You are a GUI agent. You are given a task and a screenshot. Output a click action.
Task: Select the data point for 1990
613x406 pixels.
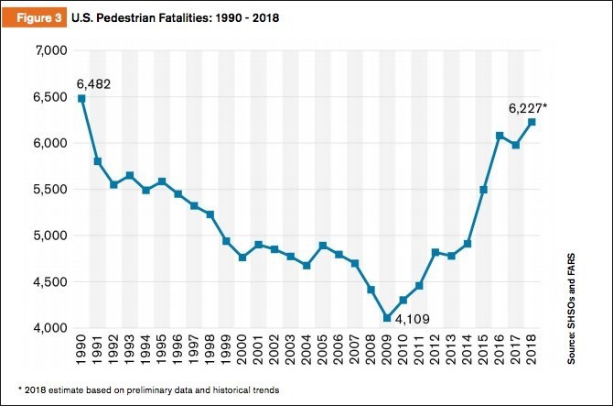82,98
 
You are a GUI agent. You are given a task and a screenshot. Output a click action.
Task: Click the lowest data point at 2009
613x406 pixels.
387,318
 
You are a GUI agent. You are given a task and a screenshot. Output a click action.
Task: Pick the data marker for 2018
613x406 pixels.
532,122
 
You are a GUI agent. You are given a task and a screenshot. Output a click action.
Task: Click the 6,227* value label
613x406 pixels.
531,107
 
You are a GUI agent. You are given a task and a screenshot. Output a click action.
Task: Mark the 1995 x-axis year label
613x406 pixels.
163,352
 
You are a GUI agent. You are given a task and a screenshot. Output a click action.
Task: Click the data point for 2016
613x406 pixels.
500,136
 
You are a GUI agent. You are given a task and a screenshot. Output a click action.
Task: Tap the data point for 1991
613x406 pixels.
98,161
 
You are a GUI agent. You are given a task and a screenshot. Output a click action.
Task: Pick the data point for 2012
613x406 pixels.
436,252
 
